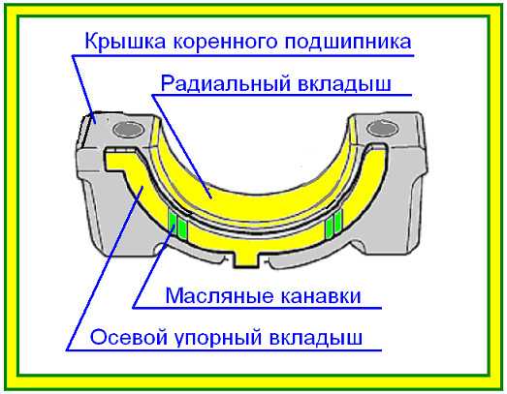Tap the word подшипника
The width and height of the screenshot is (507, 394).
click(x=348, y=43)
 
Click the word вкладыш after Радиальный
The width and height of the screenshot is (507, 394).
click(x=344, y=84)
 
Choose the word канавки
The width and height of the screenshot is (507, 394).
click(x=320, y=296)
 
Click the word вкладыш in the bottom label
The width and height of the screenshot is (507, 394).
click(x=316, y=339)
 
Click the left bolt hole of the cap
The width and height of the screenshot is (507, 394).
click(x=128, y=130)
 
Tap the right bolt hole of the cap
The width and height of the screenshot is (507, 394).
click(x=383, y=129)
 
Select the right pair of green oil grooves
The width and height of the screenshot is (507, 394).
click(x=333, y=223)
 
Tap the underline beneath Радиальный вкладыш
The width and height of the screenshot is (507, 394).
click(x=282, y=95)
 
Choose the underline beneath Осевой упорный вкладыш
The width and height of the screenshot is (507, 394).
click(x=224, y=350)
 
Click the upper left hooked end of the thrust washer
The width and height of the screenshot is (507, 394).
click(x=120, y=159)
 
